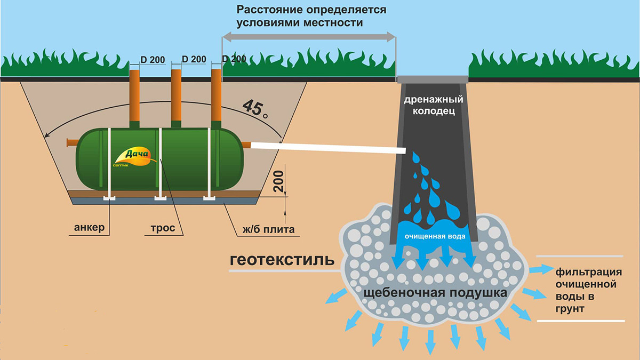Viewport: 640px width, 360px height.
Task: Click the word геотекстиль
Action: (282, 261)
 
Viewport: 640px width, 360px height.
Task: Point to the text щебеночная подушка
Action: (435, 294)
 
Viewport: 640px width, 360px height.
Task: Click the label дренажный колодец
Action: (433, 105)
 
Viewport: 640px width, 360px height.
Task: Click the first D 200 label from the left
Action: (153, 59)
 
